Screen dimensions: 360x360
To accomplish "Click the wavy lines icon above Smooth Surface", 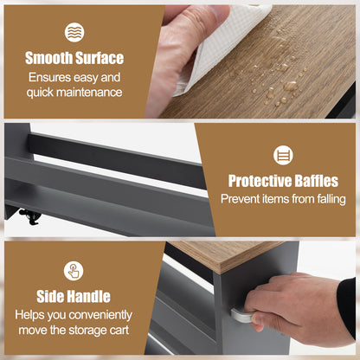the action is click(x=74, y=32).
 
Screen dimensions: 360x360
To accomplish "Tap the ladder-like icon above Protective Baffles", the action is click(x=283, y=155).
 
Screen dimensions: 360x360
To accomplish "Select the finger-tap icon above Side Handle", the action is click(x=74, y=271).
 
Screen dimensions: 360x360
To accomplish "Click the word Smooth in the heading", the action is click(x=48, y=58).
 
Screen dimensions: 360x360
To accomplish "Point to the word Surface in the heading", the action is click(x=100, y=58).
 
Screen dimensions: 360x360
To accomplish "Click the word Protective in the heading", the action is click(x=255, y=181).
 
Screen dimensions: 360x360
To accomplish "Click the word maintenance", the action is click(x=89, y=93).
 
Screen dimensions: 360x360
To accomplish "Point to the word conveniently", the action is click(x=100, y=315).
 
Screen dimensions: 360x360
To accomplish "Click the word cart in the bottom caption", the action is click(x=119, y=331).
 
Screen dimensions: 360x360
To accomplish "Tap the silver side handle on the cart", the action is click(x=241, y=316).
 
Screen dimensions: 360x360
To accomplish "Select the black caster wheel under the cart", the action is click(x=29, y=216).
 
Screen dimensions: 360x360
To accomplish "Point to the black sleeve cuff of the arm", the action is click(x=347, y=305).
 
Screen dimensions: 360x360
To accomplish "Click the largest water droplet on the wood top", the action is click(x=290, y=86).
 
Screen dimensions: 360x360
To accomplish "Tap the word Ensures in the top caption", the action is click(x=49, y=77).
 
